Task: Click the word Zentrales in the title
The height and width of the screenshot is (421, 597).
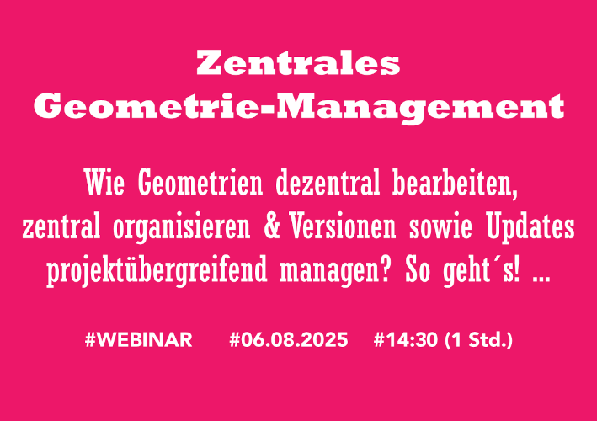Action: tap(298, 63)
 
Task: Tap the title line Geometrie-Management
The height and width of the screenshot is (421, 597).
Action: tap(299, 107)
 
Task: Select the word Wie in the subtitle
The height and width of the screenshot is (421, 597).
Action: tap(104, 183)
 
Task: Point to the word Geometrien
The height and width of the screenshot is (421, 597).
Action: tap(200, 183)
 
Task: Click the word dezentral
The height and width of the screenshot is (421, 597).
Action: tap(328, 183)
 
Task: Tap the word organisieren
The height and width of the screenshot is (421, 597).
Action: tap(182, 228)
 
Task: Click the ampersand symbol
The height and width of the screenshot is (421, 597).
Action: tap(272, 226)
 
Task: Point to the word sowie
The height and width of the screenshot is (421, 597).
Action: tap(440, 226)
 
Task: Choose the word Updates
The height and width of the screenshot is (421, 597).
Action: tap(530, 228)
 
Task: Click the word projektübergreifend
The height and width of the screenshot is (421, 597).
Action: tap(157, 271)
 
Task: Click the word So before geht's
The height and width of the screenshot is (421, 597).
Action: tap(418, 269)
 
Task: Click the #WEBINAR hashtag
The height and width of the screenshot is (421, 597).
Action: tap(139, 339)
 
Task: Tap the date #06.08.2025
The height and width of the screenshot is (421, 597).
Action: tap(289, 339)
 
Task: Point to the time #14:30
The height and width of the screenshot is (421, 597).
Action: tap(406, 339)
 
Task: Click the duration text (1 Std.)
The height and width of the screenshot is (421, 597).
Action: tap(478, 340)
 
